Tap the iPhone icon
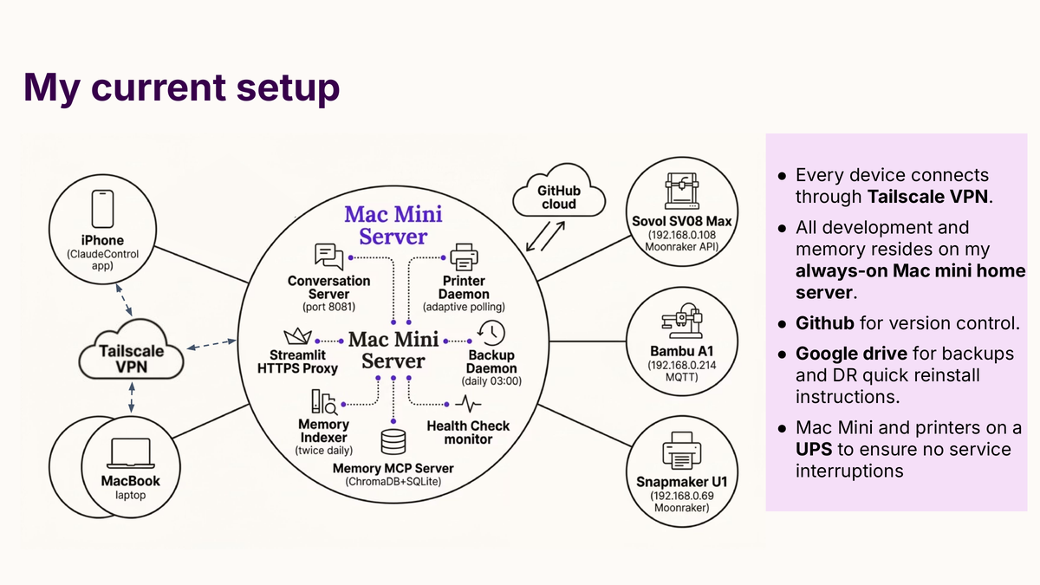(103, 211)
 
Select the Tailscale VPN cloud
(131, 356)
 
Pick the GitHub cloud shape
(559, 196)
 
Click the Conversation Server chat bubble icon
(328, 257)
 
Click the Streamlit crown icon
(297, 337)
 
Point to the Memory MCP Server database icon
(393, 442)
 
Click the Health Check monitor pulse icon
(469, 404)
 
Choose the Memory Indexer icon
(323, 401)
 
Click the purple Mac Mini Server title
(393, 224)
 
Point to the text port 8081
(328, 307)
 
